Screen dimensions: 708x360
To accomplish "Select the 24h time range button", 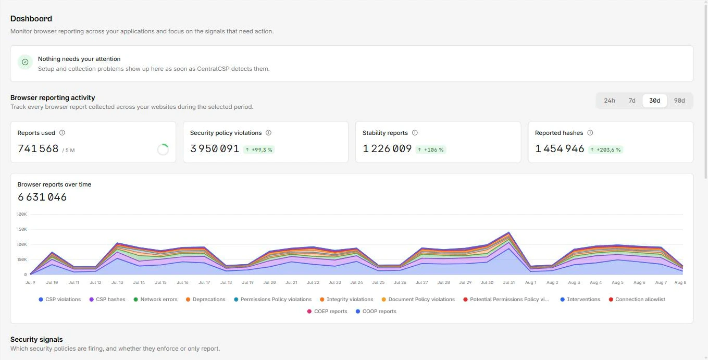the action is (609, 101).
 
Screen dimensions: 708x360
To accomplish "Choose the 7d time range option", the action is (632, 101).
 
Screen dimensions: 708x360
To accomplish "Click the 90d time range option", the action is (679, 101).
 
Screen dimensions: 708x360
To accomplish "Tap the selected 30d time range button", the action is (654, 101).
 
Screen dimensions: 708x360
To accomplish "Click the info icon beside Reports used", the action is (63, 133).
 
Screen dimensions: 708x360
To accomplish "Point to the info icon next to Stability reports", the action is (415, 133).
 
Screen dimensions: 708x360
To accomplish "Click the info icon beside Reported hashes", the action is (590, 133).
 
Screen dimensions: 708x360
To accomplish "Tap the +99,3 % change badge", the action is (258, 150).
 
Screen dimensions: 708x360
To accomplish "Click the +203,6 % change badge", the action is (605, 150).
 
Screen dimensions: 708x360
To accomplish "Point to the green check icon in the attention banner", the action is (25, 62).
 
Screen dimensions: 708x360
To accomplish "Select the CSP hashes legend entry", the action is (107, 300).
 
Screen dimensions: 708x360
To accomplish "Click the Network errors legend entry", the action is (155, 300).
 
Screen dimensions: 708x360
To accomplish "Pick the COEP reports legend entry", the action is (327, 312).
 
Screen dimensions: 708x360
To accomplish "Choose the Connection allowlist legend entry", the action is (637, 300).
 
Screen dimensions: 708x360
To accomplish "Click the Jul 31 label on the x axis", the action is (509, 282).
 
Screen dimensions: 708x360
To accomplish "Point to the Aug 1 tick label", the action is (531, 282).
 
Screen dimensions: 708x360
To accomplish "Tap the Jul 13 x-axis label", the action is (117, 282).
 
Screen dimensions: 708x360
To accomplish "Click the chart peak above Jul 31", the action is (509, 232).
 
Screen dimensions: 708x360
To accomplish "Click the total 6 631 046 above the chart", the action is (42, 197).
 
